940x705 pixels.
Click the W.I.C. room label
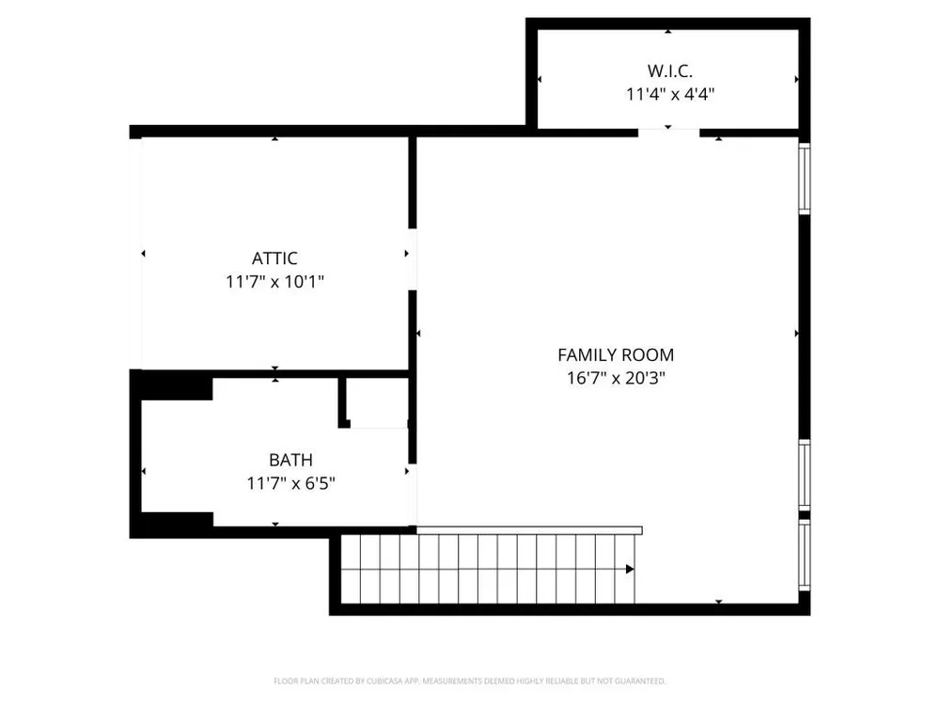669,70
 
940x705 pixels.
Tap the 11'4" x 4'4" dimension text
670,94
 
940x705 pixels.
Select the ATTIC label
274,258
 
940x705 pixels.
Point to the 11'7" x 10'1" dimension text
274,281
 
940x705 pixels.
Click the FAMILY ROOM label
616,355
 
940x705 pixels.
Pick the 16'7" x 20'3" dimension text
617,378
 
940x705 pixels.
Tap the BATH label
290,460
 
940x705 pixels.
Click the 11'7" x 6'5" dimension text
290,483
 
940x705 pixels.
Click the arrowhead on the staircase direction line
630,569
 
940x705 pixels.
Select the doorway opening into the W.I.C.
668,133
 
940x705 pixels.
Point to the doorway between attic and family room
413,259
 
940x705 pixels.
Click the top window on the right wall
805,178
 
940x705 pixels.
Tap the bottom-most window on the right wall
805,556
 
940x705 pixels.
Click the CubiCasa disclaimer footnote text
469,681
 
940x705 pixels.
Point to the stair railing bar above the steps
530,530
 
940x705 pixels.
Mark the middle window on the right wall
805,475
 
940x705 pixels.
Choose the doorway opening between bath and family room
413,494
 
